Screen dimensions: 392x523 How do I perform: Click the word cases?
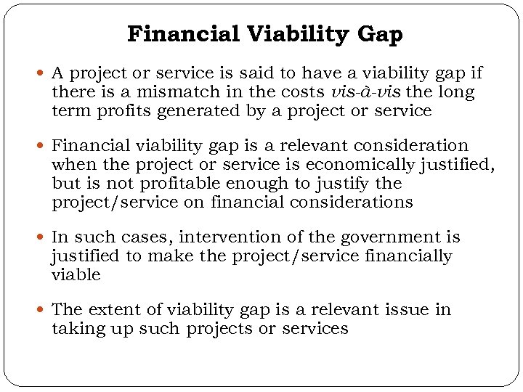(x=143, y=237)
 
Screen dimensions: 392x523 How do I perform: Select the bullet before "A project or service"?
(x=42, y=74)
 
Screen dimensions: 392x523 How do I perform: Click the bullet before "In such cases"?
(x=42, y=237)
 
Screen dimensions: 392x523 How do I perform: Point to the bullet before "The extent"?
(x=42, y=310)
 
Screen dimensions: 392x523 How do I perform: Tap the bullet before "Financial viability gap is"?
(x=42, y=147)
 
